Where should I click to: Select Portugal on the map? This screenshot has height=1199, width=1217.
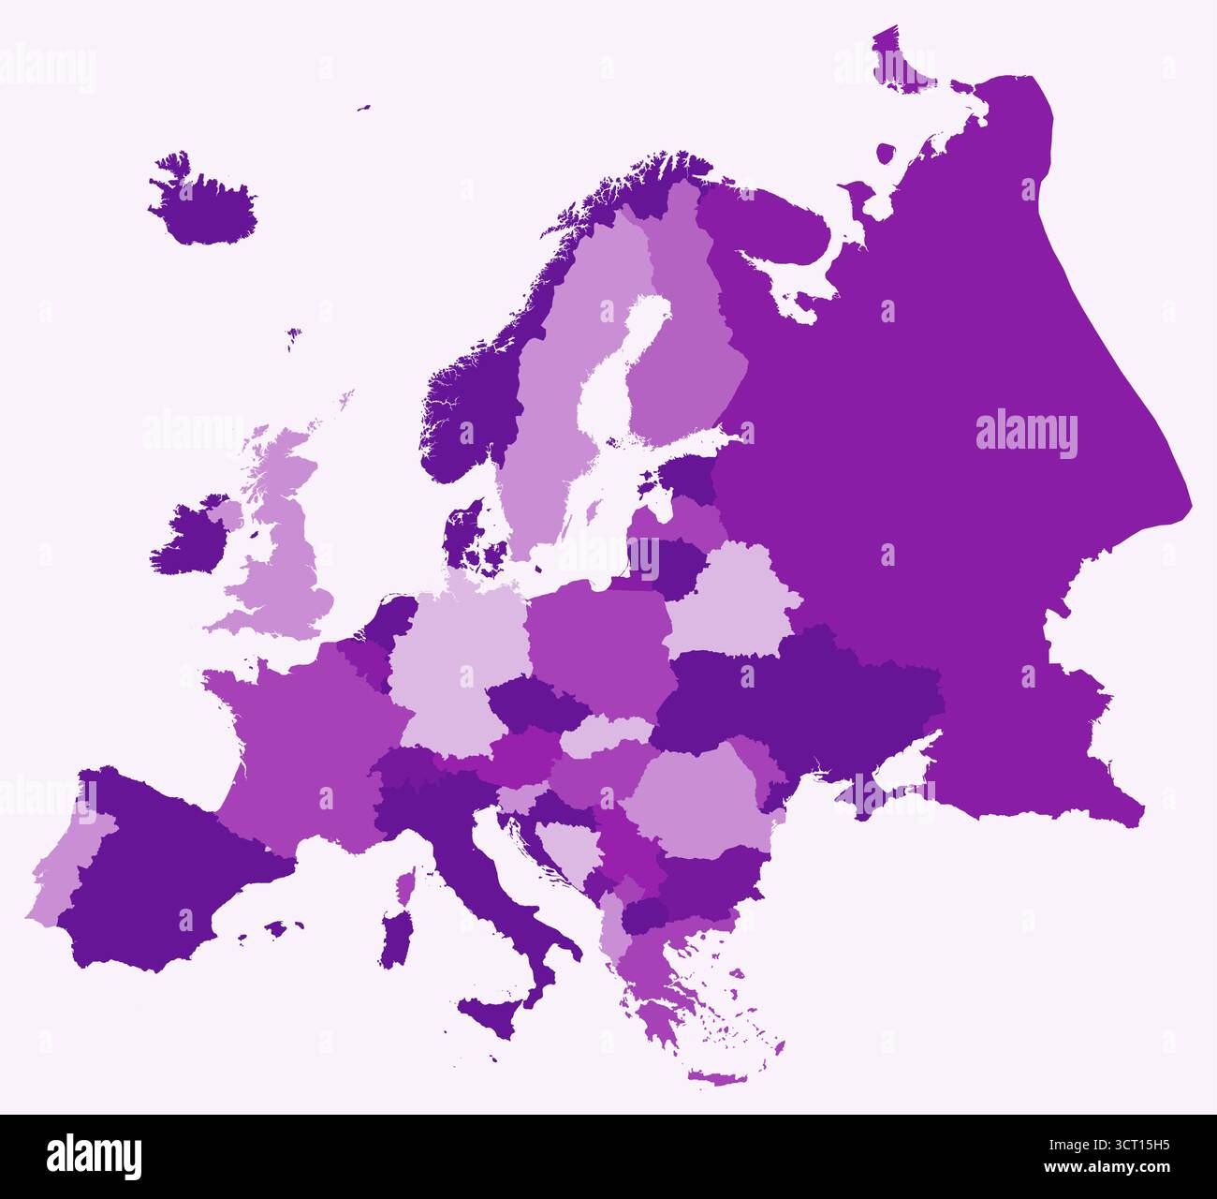pos(66,871)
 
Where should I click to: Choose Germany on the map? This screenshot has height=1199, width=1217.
pos(449,656)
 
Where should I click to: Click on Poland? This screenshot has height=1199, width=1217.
pos(599,646)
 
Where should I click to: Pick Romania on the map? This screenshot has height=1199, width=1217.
pos(697,796)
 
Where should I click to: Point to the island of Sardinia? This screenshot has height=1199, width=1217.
pos(395,937)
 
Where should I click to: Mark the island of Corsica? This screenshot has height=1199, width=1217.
pos(405,885)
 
